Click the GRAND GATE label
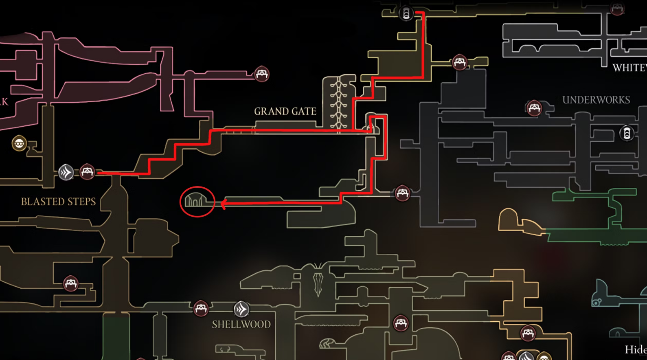[285, 112]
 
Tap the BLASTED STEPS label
[58, 202]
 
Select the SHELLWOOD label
[241, 325]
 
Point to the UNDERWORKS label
[596, 100]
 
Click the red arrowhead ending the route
[224, 204]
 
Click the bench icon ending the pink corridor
[261, 74]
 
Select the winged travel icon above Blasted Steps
[66, 172]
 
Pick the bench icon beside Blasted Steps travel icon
[87, 172]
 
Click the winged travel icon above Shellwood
[241, 310]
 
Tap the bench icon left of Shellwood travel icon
[200, 308]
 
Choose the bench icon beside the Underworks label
[534, 108]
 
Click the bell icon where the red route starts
[406, 13]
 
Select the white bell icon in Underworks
[627, 133]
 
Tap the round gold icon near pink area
[19, 143]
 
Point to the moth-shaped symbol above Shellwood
[318, 279]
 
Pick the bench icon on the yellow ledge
[460, 62]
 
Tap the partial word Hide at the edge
[636, 350]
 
